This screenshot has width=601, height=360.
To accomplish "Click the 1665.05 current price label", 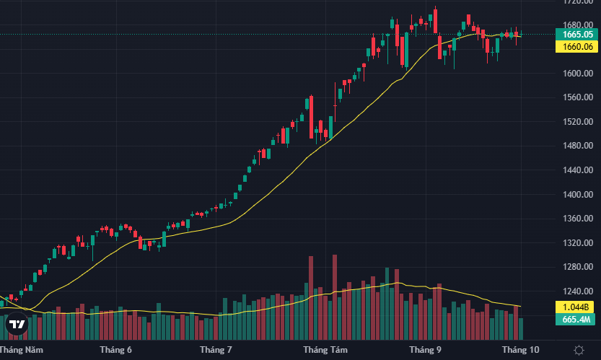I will pos(579,34).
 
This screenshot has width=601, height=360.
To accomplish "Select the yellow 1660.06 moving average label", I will pos(579,46).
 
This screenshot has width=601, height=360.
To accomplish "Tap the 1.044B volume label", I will pos(578,307).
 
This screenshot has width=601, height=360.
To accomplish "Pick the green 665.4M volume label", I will pos(578,319).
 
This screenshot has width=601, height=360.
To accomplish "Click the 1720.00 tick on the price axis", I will pos(579,2).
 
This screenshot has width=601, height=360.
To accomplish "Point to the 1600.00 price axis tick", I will pos(579,73).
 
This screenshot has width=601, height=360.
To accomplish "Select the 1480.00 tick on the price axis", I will pos(579,146).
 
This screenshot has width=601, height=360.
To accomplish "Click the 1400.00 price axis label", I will pos(579,194).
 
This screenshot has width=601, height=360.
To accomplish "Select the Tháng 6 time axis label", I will pos(115,350).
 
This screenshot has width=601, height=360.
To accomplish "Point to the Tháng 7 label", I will pos(215,350).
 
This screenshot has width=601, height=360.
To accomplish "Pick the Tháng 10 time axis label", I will pos(520,350).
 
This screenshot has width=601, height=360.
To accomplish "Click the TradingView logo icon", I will pos(17,325).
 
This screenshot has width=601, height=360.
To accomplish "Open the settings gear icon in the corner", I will pos(578,350).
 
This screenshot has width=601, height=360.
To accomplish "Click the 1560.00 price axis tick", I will pos(579,97).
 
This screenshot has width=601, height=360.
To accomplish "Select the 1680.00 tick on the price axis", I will pos(579,25).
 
